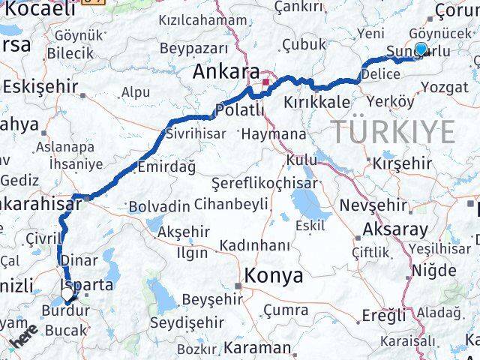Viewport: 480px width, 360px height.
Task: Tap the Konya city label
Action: [274, 275]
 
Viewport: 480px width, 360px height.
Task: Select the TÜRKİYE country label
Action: [393, 132]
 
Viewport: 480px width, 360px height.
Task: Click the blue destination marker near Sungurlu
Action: [421, 49]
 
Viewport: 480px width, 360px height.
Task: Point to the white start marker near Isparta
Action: [67, 295]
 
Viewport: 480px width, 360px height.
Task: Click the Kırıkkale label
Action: [316, 102]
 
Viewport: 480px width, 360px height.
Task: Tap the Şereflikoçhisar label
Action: [255, 182]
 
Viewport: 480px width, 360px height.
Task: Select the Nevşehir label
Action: [373, 205]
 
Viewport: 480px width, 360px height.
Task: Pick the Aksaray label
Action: [394, 229]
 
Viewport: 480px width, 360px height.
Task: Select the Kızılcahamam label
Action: [202, 20]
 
